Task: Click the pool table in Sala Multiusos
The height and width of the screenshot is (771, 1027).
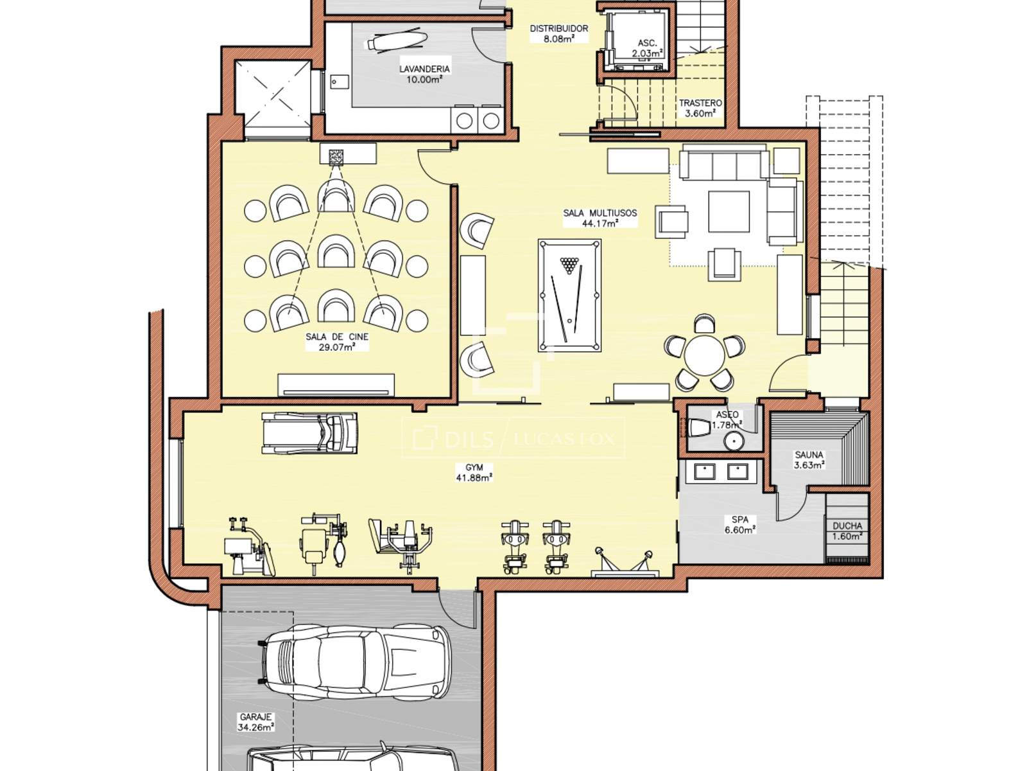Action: [569, 296]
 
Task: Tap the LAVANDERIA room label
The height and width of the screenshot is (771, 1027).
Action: [424, 69]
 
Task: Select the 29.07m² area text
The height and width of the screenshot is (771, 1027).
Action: [336, 348]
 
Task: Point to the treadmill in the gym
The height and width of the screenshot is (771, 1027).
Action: [309, 433]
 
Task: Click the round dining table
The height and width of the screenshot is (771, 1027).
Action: [704, 355]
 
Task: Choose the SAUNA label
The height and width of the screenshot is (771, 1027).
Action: [809, 454]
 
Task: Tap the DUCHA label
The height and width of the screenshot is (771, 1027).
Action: [847, 526]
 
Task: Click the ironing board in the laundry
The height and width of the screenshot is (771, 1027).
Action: [396, 40]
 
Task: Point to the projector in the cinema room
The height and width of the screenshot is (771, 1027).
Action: [336, 157]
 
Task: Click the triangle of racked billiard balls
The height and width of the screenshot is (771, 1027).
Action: [569, 265]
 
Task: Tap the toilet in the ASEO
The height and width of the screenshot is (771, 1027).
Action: [699, 427]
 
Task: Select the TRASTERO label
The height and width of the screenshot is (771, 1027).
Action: [700, 103]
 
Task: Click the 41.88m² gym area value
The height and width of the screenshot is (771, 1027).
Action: [474, 477]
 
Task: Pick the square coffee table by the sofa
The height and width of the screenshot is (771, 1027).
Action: [729, 211]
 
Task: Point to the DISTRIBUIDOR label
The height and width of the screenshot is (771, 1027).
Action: [558, 28]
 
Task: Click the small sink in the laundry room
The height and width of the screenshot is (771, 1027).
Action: [338, 82]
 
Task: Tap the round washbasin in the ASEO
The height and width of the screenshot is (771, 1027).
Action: [733, 441]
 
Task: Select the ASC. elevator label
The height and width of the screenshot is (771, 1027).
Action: [647, 43]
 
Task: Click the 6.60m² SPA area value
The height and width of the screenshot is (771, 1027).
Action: [740, 529]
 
